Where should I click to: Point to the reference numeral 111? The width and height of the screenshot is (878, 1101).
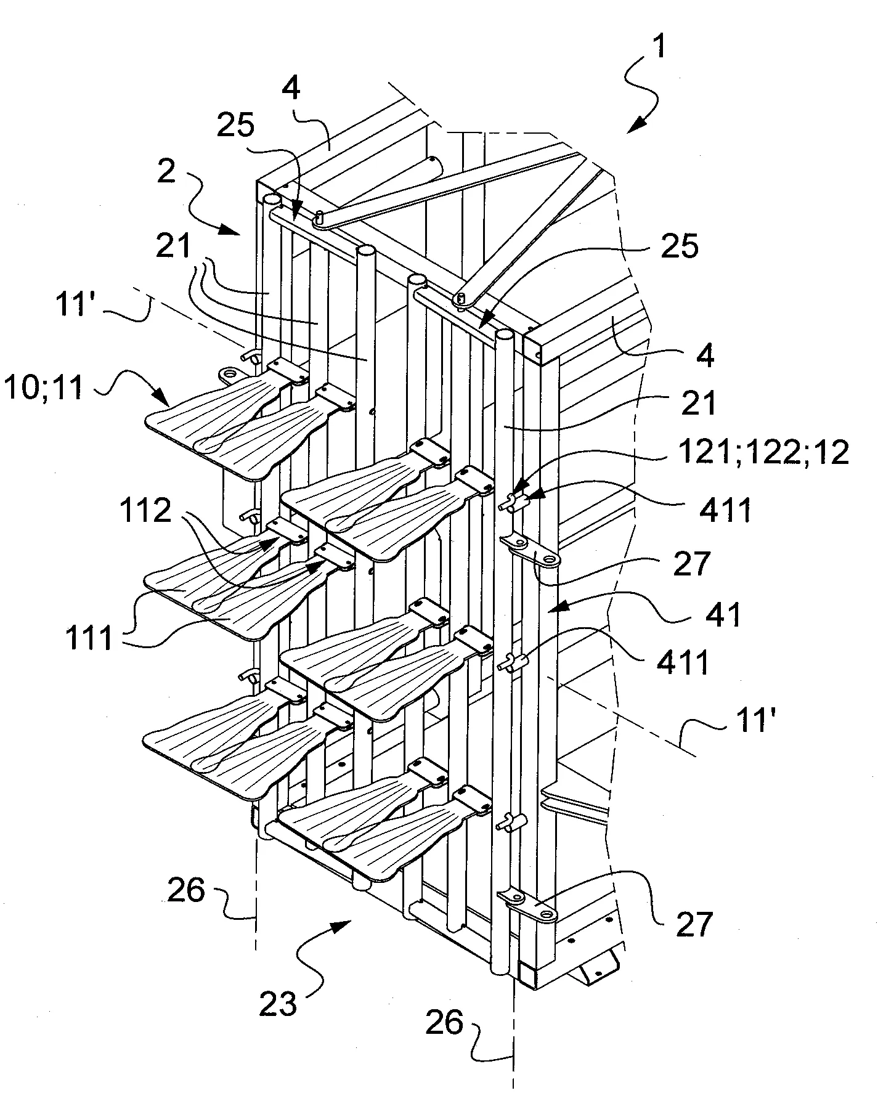90,637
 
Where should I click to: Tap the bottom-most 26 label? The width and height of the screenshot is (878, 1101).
444,1023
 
